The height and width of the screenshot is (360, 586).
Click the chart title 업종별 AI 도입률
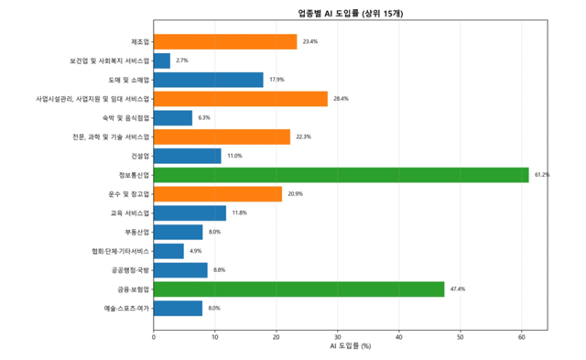pyautogui.click(x=350, y=14)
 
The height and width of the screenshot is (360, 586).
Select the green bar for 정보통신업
pyautogui.click(x=341, y=175)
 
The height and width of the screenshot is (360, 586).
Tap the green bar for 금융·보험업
pyautogui.click(x=298, y=289)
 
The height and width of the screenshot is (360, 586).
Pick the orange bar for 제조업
pyautogui.click(x=225, y=41)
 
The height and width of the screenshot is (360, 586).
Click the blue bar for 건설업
pyautogui.click(x=187, y=156)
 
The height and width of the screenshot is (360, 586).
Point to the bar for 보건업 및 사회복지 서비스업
pyautogui.click(x=162, y=60)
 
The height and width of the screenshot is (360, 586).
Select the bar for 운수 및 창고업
pyautogui.click(x=218, y=194)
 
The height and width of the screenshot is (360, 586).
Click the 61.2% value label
pyautogui.click(x=542, y=175)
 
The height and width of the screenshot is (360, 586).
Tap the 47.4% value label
pyautogui.click(x=458, y=289)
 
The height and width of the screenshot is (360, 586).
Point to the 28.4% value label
pyautogui.click(x=341, y=99)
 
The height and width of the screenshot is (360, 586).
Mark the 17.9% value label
pyautogui.click(x=277, y=80)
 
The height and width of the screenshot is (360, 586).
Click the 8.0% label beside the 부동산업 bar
pyautogui.click(x=214, y=232)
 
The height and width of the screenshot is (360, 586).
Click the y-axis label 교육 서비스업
pyautogui.click(x=130, y=213)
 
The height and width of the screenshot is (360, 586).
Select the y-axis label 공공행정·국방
pyautogui.click(x=129, y=270)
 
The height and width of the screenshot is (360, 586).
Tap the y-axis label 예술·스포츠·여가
pyautogui.click(x=126, y=309)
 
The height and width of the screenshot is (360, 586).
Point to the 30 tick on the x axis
pyautogui.click(x=338, y=336)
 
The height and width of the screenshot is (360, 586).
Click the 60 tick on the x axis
pyautogui.click(x=522, y=336)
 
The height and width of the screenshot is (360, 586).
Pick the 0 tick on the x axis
pyautogui.click(x=154, y=336)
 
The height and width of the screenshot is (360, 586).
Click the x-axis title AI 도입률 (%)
pyautogui.click(x=350, y=347)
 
